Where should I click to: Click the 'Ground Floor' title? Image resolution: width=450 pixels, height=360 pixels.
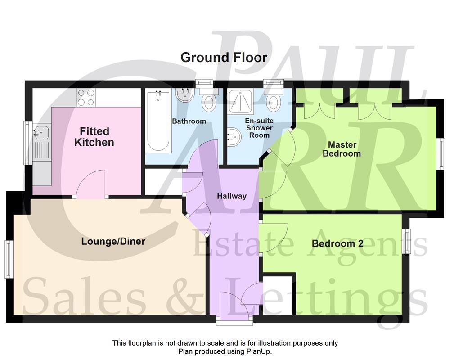tap(224, 58)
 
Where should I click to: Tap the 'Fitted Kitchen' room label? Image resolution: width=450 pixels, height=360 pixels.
tap(94, 137)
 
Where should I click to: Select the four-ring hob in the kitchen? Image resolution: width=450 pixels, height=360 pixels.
tap(85, 97)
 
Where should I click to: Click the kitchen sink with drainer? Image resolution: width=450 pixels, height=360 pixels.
tap(41, 140)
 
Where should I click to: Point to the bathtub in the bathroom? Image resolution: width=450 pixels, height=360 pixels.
tap(158, 121)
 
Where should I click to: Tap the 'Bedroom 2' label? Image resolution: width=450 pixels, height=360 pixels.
tap(337, 243)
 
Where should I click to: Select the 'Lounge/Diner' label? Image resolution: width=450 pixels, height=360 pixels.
tap(113, 242)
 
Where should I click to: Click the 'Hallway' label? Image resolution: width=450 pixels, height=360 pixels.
tap(232, 196)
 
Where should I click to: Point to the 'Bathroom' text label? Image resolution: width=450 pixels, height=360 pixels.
tap(189, 121)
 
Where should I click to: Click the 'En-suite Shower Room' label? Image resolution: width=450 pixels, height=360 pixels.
tap(259, 128)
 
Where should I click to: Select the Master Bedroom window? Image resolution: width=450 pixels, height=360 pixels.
tap(442, 154)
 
